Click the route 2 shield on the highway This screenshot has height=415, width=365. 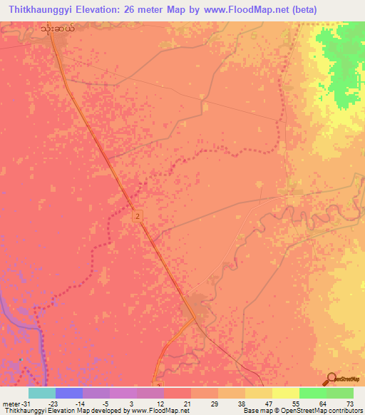click(x=136, y=215)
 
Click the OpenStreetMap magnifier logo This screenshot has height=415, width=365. click(x=331, y=379)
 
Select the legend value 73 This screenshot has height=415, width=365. click(x=349, y=403)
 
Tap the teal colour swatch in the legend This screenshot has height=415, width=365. click(x=41, y=393)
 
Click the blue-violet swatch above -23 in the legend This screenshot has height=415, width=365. click(x=68, y=393)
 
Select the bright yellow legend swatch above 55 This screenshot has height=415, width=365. click(x=285, y=393)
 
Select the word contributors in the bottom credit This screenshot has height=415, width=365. click(x=341, y=411)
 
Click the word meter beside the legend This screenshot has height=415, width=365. click(x=10, y=403)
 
